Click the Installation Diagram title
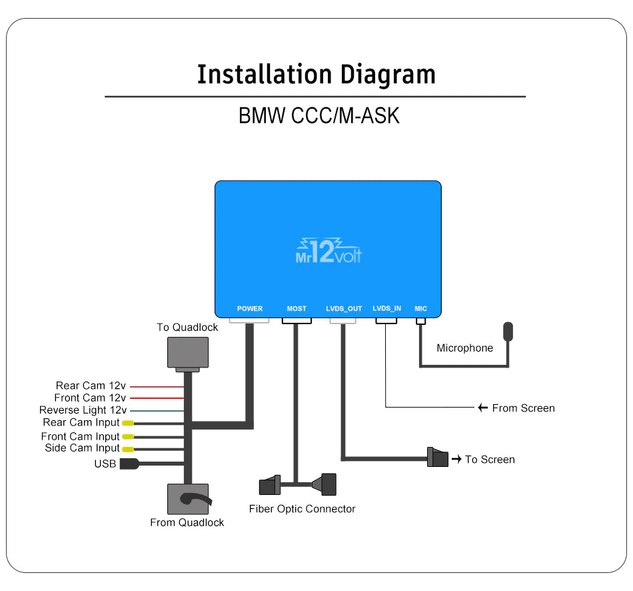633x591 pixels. coord(316,74)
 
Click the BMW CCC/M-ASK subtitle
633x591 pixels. coord(318,115)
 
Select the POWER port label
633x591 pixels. coord(250,309)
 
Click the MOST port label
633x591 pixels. coord(297,309)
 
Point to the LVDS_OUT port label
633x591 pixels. coord(344,309)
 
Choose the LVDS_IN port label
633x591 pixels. coord(386,309)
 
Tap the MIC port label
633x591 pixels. coord(420,309)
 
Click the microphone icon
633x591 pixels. coord(508,332)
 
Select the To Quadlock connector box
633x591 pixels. coord(187,352)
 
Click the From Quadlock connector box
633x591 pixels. coord(187,499)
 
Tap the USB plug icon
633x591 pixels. coord(129,464)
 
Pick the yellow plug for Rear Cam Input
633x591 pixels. coord(127,423)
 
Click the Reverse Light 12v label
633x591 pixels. coord(83,410)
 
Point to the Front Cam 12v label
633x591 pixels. coord(90,398)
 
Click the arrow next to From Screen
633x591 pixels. coord(483,408)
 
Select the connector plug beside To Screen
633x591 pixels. coord(438,458)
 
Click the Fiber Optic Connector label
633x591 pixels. coord(302,509)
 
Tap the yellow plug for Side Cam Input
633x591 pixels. coord(127,448)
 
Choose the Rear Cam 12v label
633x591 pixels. coord(91,386)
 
